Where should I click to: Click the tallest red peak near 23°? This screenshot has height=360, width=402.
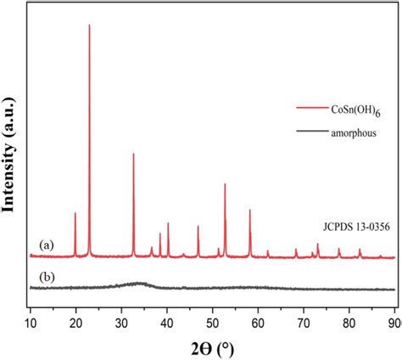[x=89, y=27]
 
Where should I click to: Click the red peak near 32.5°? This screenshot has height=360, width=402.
[x=133, y=155]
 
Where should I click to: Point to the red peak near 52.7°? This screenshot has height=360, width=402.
[x=225, y=184]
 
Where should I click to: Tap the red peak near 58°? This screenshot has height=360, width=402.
[x=249, y=211]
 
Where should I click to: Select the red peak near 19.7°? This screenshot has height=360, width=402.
[x=75, y=214]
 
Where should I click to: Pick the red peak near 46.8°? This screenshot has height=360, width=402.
[x=198, y=227]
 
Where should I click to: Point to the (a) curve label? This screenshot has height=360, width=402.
[x=46, y=245]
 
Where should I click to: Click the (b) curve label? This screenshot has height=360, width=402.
[x=46, y=277]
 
